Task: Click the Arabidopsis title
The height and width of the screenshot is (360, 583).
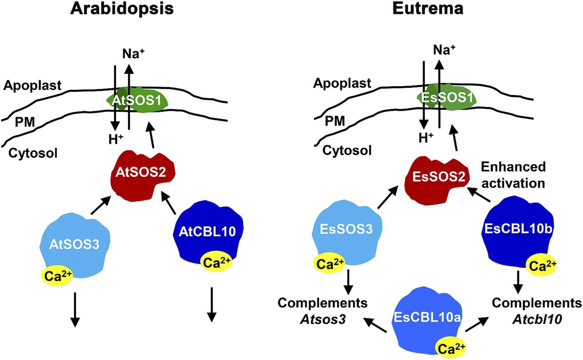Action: click(122, 10)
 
